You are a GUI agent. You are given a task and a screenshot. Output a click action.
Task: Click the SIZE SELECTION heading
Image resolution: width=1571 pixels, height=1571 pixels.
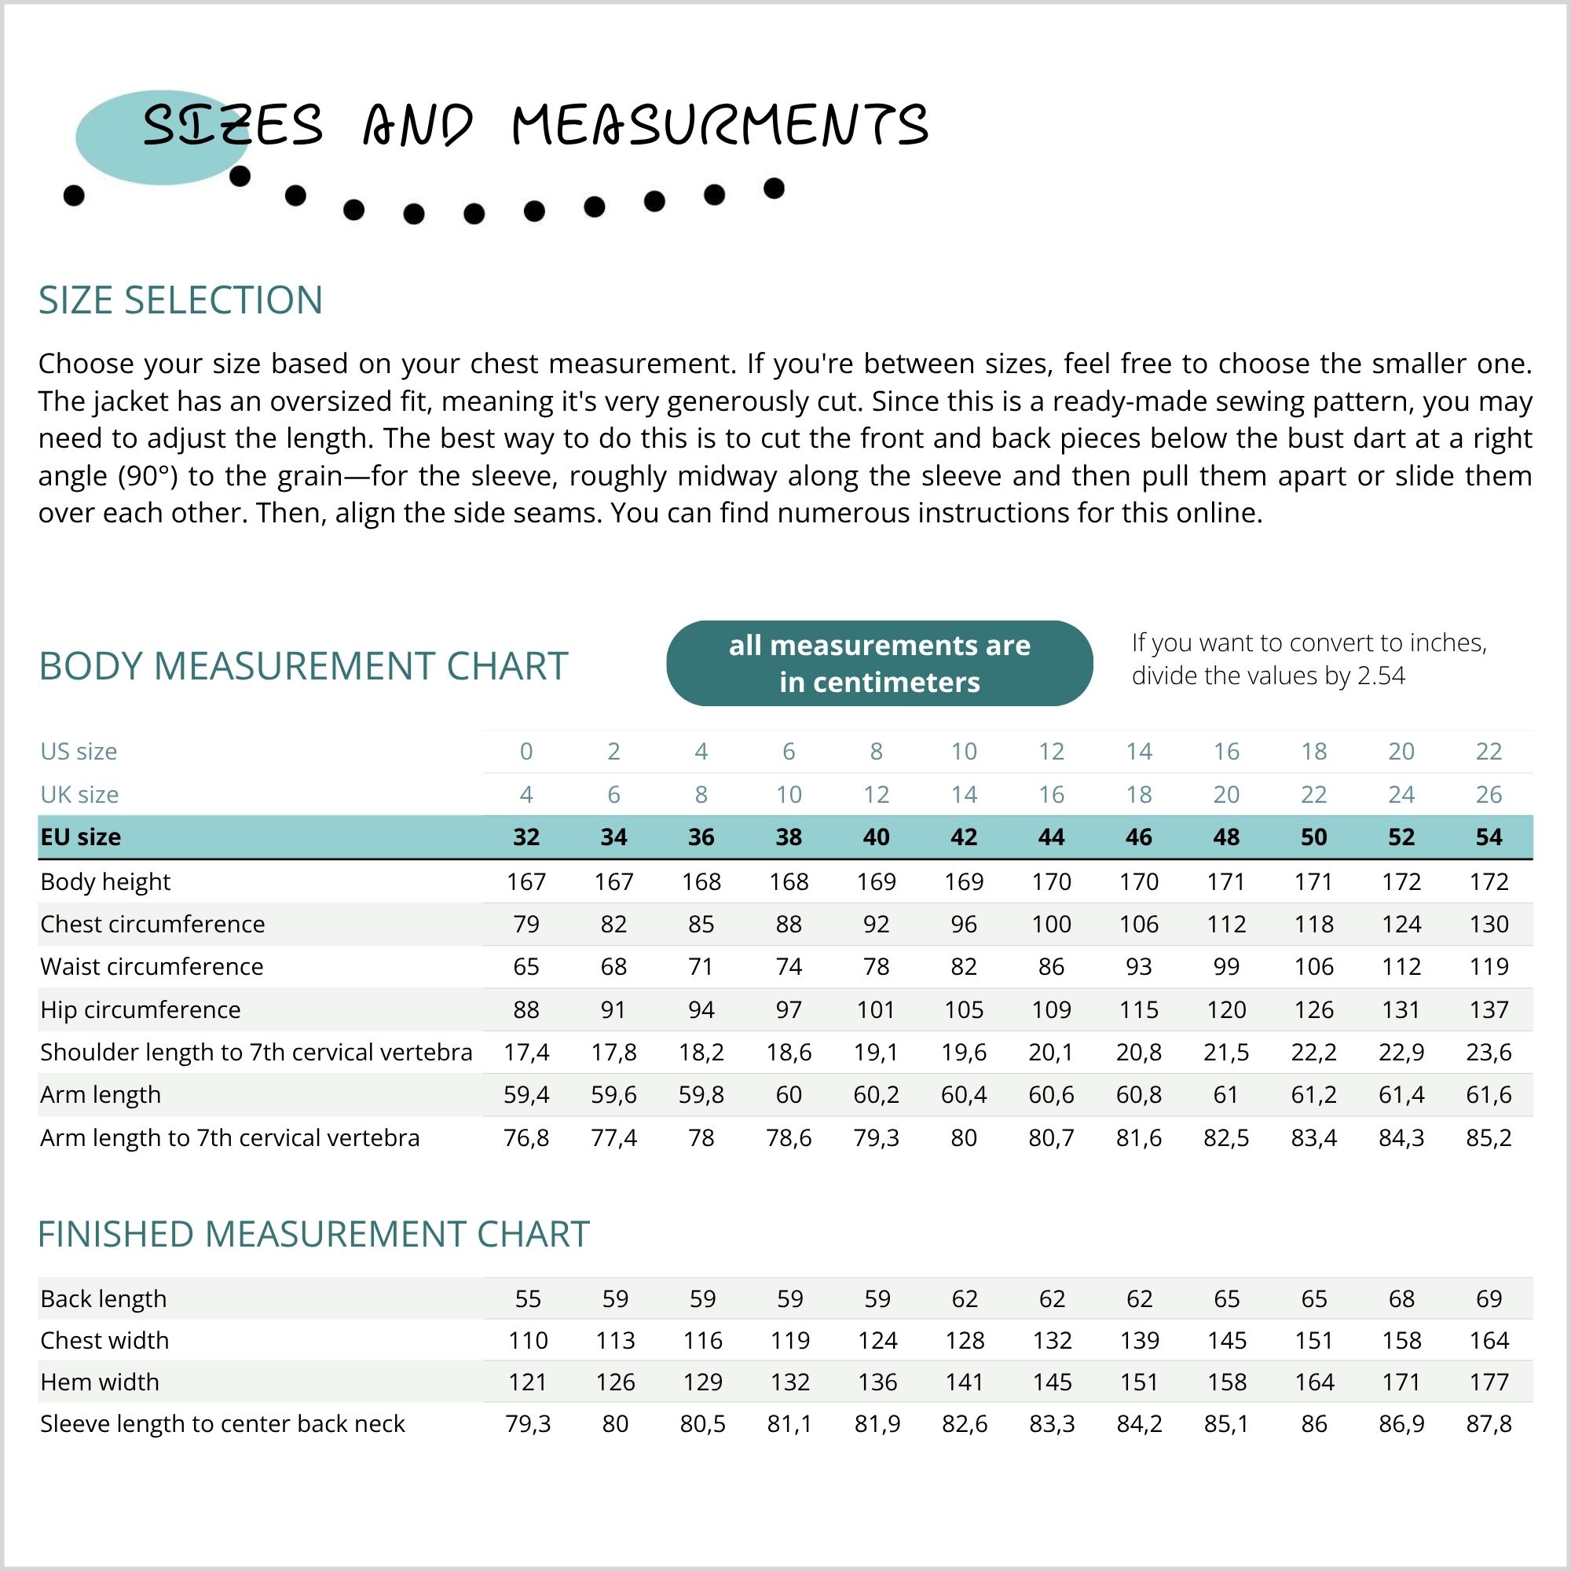click(181, 301)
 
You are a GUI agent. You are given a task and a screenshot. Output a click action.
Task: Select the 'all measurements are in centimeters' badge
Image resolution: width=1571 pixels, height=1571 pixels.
click(879, 664)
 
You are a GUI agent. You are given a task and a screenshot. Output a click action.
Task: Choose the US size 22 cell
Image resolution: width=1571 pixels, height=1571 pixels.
click(1488, 752)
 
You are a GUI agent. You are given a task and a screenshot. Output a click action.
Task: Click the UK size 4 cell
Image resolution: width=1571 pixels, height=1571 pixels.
click(526, 794)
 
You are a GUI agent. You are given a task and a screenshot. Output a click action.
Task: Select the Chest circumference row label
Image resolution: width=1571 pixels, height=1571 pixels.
click(153, 925)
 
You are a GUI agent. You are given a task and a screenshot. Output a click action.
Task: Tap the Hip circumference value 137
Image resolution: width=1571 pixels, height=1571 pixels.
click(1488, 1010)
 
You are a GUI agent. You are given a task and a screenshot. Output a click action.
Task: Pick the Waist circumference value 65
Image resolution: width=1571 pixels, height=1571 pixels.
click(526, 967)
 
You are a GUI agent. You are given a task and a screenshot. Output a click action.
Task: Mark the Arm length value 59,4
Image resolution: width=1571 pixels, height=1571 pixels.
click(526, 1095)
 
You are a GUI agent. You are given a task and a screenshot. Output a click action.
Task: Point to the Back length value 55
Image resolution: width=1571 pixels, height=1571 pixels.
click(528, 1299)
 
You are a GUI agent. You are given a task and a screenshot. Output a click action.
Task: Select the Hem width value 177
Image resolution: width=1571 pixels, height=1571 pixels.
click(1488, 1382)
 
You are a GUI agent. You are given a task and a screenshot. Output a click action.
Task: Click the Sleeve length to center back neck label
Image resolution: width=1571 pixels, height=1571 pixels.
click(222, 1425)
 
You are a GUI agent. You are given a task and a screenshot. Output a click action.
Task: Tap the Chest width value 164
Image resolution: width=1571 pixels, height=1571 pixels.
click(1488, 1341)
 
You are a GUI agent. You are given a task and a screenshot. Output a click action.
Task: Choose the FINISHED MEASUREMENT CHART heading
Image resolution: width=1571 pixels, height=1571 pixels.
click(314, 1234)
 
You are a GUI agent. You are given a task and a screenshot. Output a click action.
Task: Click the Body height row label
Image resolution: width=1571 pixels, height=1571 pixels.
click(106, 882)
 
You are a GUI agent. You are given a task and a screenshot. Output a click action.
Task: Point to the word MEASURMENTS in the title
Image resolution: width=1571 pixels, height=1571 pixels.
click(720, 126)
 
